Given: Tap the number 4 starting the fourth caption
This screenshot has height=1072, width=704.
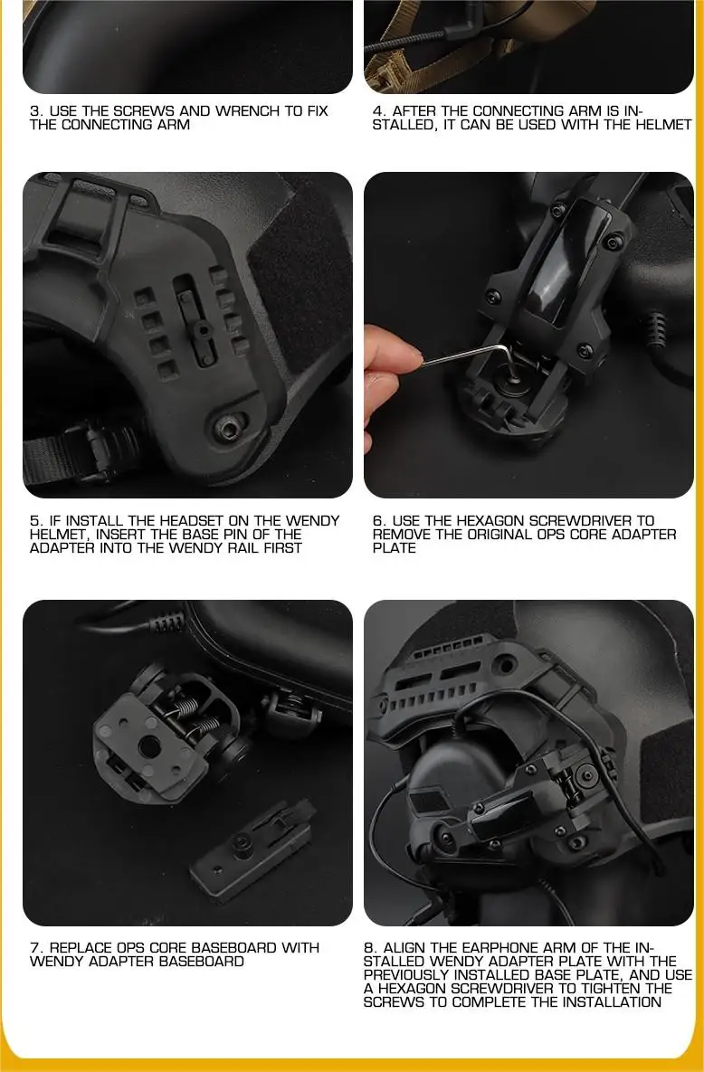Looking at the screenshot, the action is point(377,110).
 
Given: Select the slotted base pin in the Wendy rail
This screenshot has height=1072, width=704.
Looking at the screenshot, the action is point(201,329).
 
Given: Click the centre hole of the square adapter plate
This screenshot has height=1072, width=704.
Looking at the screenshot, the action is point(150,747).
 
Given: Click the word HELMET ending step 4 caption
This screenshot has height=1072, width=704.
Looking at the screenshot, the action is point(663,125).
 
